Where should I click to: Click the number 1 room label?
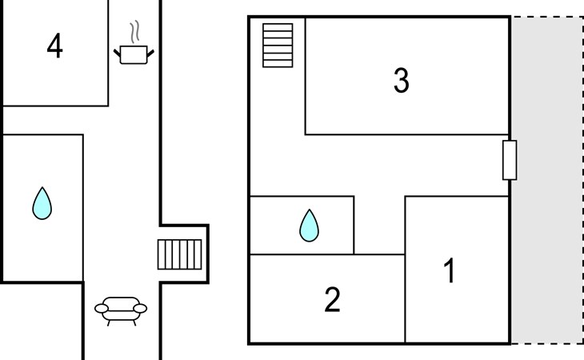point(450,271)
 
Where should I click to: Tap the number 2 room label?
point(333,299)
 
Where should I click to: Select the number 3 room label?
point(402,81)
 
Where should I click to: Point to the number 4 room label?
point(54,46)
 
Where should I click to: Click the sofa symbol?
point(121,309)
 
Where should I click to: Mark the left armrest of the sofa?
point(101,307)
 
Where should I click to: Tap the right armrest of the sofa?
point(142,307)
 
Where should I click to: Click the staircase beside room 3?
point(278,46)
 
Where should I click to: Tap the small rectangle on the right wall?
point(509,160)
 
